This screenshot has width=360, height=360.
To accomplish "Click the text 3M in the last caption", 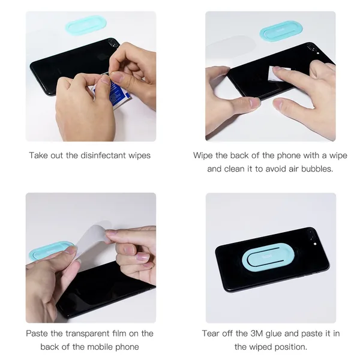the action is (256, 334).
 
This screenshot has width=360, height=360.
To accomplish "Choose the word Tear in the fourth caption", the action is (211, 334).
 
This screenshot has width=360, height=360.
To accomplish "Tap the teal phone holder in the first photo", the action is (86, 25).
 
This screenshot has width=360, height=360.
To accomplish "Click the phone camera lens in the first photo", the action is (112, 42).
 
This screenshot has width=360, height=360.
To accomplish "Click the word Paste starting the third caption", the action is (37, 334).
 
